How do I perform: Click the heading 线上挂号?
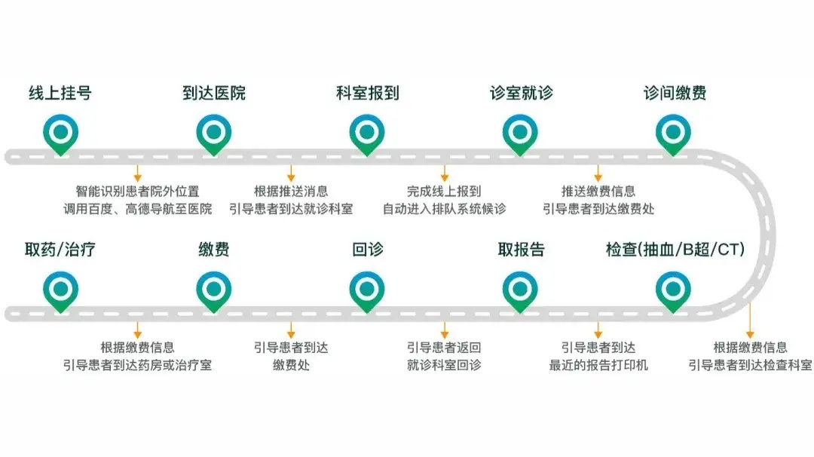pyautogui.click(x=60, y=93)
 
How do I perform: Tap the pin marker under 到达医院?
pyautogui.click(x=214, y=134)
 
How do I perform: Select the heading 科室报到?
pyautogui.click(x=368, y=93)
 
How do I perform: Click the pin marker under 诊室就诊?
pyautogui.click(x=520, y=134)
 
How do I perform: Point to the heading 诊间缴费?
pyautogui.click(x=675, y=93)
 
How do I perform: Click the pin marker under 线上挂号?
pyautogui.click(x=61, y=134)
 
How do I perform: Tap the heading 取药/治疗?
pyautogui.click(x=60, y=250)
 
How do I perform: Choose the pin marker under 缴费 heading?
pyautogui.click(x=214, y=291)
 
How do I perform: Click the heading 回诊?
pyautogui.click(x=368, y=250)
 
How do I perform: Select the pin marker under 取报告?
pyautogui.click(x=520, y=291)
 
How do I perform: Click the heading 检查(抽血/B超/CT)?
pyautogui.click(x=675, y=250)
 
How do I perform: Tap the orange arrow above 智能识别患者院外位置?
pyautogui.click(x=138, y=173)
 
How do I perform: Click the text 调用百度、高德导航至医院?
pyautogui.click(x=138, y=209)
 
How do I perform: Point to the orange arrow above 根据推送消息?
pyautogui.click(x=291, y=173)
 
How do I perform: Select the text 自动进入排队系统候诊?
pyautogui.click(x=445, y=209)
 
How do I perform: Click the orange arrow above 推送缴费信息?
pyautogui.click(x=598, y=173)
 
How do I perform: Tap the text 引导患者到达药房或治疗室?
pyautogui.click(x=138, y=365)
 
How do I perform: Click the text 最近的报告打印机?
pyautogui.click(x=598, y=365)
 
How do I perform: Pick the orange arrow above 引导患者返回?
pyautogui.click(x=445, y=330)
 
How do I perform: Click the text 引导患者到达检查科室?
pyautogui.click(x=750, y=365)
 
